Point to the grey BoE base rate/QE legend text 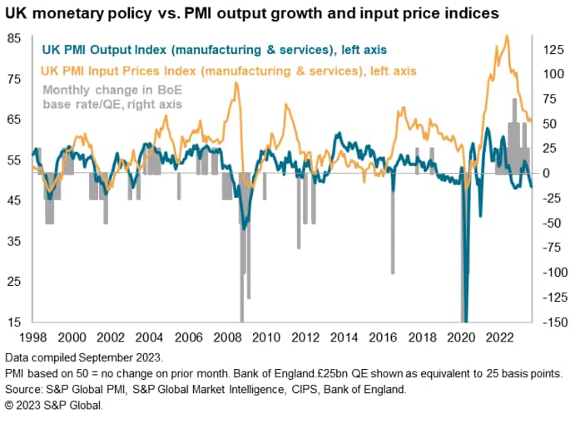coord(111,96)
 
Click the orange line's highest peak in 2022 coord(508,36)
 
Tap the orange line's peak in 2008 coord(236,83)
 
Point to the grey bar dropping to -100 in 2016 coord(393,249)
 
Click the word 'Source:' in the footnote coord(25,390)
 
